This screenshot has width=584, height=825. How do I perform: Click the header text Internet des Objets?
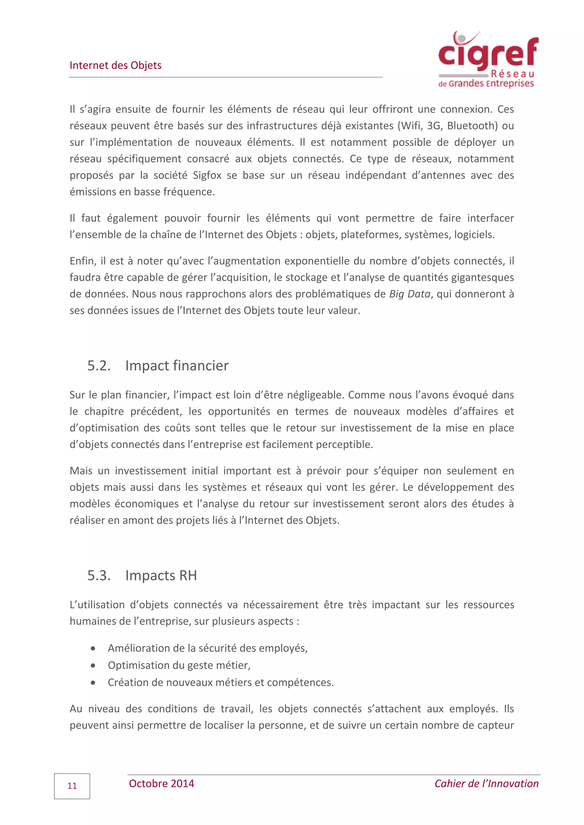pyautogui.click(x=115, y=66)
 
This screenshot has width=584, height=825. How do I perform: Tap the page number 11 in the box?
pyautogui.click(x=72, y=786)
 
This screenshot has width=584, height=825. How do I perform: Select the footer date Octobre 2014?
pyautogui.click(x=161, y=783)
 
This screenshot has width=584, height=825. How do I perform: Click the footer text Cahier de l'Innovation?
pyautogui.click(x=486, y=783)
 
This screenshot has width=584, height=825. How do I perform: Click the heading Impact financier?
pyautogui.click(x=177, y=365)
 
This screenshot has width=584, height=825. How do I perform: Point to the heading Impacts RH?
pyautogui.click(x=161, y=575)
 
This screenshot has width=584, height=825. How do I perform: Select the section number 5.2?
pyautogui.click(x=99, y=365)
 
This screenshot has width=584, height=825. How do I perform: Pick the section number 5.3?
pyautogui.click(x=99, y=575)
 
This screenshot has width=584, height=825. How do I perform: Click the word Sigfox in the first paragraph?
pyautogui.click(x=207, y=175)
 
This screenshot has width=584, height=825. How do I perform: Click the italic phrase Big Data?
pyautogui.click(x=409, y=294)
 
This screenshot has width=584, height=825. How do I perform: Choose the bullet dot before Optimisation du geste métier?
pyautogui.click(x=93, y=665)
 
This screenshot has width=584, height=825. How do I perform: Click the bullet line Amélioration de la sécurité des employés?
pyautogui.click(x=208, y=648)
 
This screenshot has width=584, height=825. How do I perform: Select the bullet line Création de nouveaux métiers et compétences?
pyautogui.click(x=220, y=682)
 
